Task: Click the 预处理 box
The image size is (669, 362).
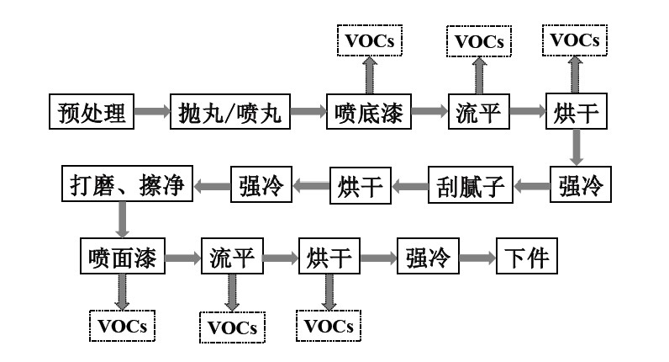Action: tap(92, 113)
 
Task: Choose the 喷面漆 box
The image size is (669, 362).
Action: tap(123, 257)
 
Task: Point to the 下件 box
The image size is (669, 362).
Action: tap(526, 257)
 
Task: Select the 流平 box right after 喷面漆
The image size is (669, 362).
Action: tap(233, 257)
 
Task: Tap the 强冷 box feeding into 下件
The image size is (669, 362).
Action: tap(427, 257)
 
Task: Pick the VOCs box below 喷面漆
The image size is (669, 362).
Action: tap(123, 323)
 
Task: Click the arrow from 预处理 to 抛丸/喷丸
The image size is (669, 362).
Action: tap(154, 113)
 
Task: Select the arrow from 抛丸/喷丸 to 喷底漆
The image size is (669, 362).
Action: tap(308, 113)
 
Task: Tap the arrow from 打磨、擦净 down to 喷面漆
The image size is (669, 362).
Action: tap(123, 221)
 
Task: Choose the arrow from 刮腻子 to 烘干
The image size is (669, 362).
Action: tap(408, 184)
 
